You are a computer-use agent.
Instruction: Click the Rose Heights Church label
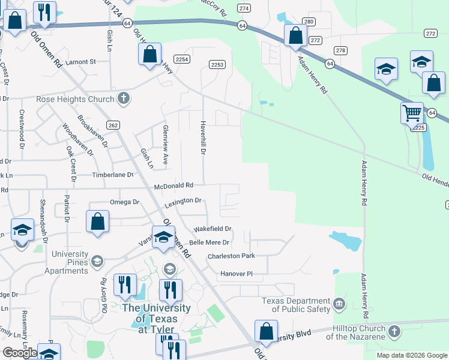click(75, 99)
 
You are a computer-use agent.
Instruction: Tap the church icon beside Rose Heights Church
click(124, 98)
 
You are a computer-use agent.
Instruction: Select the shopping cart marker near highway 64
click(412, 112)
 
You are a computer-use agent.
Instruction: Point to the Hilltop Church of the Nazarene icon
click(394, 331)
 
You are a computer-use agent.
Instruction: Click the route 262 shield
click(113, 125)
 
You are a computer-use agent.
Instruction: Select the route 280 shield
click(309, 22)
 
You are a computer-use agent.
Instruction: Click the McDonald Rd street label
click(173, 186)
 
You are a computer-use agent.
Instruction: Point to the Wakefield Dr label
click(212, 229)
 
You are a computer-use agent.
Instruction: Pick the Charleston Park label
click(231, 256)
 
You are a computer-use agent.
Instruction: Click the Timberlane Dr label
click(112, 175)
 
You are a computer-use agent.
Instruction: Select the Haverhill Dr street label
click(202, 143)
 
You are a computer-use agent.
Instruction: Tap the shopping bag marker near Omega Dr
click(98, 221)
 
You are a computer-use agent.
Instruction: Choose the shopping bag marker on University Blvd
click(266, 331)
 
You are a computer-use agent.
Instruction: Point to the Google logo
click(20, 352)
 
